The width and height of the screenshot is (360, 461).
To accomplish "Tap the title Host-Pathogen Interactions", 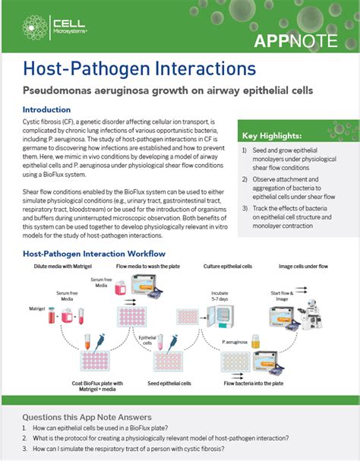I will (x=140, y=69).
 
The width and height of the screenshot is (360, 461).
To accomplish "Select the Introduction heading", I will (x=57, y=109).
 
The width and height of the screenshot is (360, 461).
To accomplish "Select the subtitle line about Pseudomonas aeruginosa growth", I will (x=167, y=90).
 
